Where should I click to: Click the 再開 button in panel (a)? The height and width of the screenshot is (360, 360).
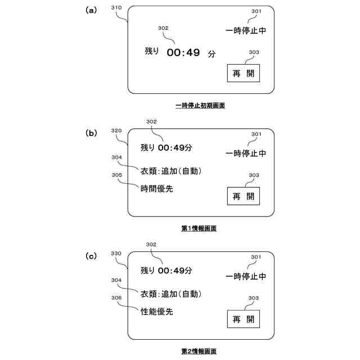pyautogui.click(x=244, y=74)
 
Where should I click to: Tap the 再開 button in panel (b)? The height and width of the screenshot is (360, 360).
pyautogui.click(x=244, y=196)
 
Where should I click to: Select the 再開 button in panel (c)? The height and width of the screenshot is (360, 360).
pyautogui.click(x=244, y=319)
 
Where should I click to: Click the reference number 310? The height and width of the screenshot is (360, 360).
pyautogui.click(x=117, y=8)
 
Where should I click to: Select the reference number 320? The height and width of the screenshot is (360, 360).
pyautogui.click(x=117, y=130)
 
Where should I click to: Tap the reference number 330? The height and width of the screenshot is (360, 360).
pyautogui.click(x=117, y=254)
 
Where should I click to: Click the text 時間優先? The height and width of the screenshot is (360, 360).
pyautogui.click(x=156, y=189)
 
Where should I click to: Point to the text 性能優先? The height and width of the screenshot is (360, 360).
pyautogui.click(x=156, y=312)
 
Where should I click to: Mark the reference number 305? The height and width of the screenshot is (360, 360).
pyautogui.click(x=117, y=175)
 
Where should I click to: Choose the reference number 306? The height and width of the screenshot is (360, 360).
pyautogui.click(x=117, y=298)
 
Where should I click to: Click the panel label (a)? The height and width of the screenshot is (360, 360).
pyautogui.click(x=91, y=10)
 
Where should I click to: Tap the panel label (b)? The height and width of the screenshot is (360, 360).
pyautogui.click(x=91, y=133)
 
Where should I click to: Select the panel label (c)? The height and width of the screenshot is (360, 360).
pyautogui.click(x=91, y=256)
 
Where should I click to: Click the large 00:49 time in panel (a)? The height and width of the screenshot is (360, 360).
pyautogui.click(x=184, y=53)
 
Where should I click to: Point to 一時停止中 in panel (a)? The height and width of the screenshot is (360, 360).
pyautogui.click(x=246, y=30)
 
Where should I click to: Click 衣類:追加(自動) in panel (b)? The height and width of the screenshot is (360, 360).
pyautogui.click(x=171, y=171)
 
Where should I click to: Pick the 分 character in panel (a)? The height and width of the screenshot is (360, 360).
pyautogui.click(x=211, y=54)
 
